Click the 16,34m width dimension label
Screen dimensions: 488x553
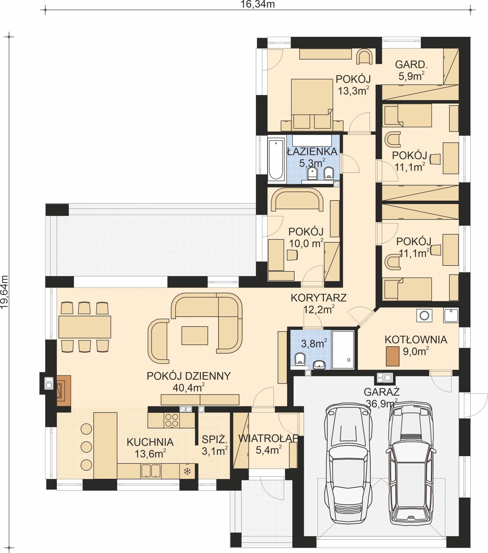tap(258, 4)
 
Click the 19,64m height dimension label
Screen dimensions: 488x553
tap(5, 292)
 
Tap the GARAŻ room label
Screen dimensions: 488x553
tap(381, 392)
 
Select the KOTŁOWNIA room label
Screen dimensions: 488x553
tap(416, 340)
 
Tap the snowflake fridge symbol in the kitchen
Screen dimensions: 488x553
tap(187, 471)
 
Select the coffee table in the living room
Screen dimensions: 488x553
tap(194, 335)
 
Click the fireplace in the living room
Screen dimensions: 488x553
tap(64, 390)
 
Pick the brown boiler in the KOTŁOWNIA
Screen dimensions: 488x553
tap(393, 356)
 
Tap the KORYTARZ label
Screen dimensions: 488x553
tap(318, 298)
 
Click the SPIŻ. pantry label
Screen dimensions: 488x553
tap(215, 440)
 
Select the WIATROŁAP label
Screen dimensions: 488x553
tap(268, 439)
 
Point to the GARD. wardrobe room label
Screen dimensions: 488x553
tap(411, 65)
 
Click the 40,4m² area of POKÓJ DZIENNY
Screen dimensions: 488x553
tap(189, 388)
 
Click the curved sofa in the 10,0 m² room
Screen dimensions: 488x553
tap(297, 200)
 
